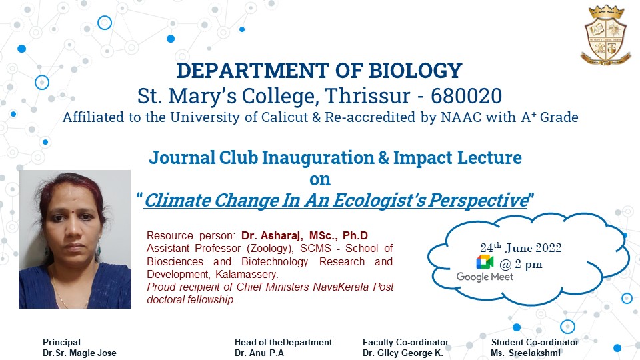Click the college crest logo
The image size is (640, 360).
[x=605, y=35]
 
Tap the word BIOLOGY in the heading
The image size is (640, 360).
[x=415, y=70]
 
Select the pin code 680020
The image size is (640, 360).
[x=466, y=96]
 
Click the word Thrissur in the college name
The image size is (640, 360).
[x=367, y=96]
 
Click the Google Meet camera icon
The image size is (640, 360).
[x=485, y=262]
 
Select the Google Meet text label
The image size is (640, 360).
[x=485, y=277]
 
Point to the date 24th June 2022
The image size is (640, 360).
[x=521, y=247]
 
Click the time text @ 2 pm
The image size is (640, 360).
[x=521, y=265]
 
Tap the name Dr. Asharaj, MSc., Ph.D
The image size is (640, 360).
[x=305, y=235]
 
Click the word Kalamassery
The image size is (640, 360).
[x=247, y=274]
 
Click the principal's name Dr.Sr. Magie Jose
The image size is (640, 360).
[x=79, y=353]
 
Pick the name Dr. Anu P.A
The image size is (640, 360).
[x=259, y=353]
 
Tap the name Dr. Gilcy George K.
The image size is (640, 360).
[x=403, y=353]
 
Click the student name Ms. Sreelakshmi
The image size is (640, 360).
[x=526, y=353]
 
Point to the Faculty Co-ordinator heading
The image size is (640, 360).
[x=406, y=342]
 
